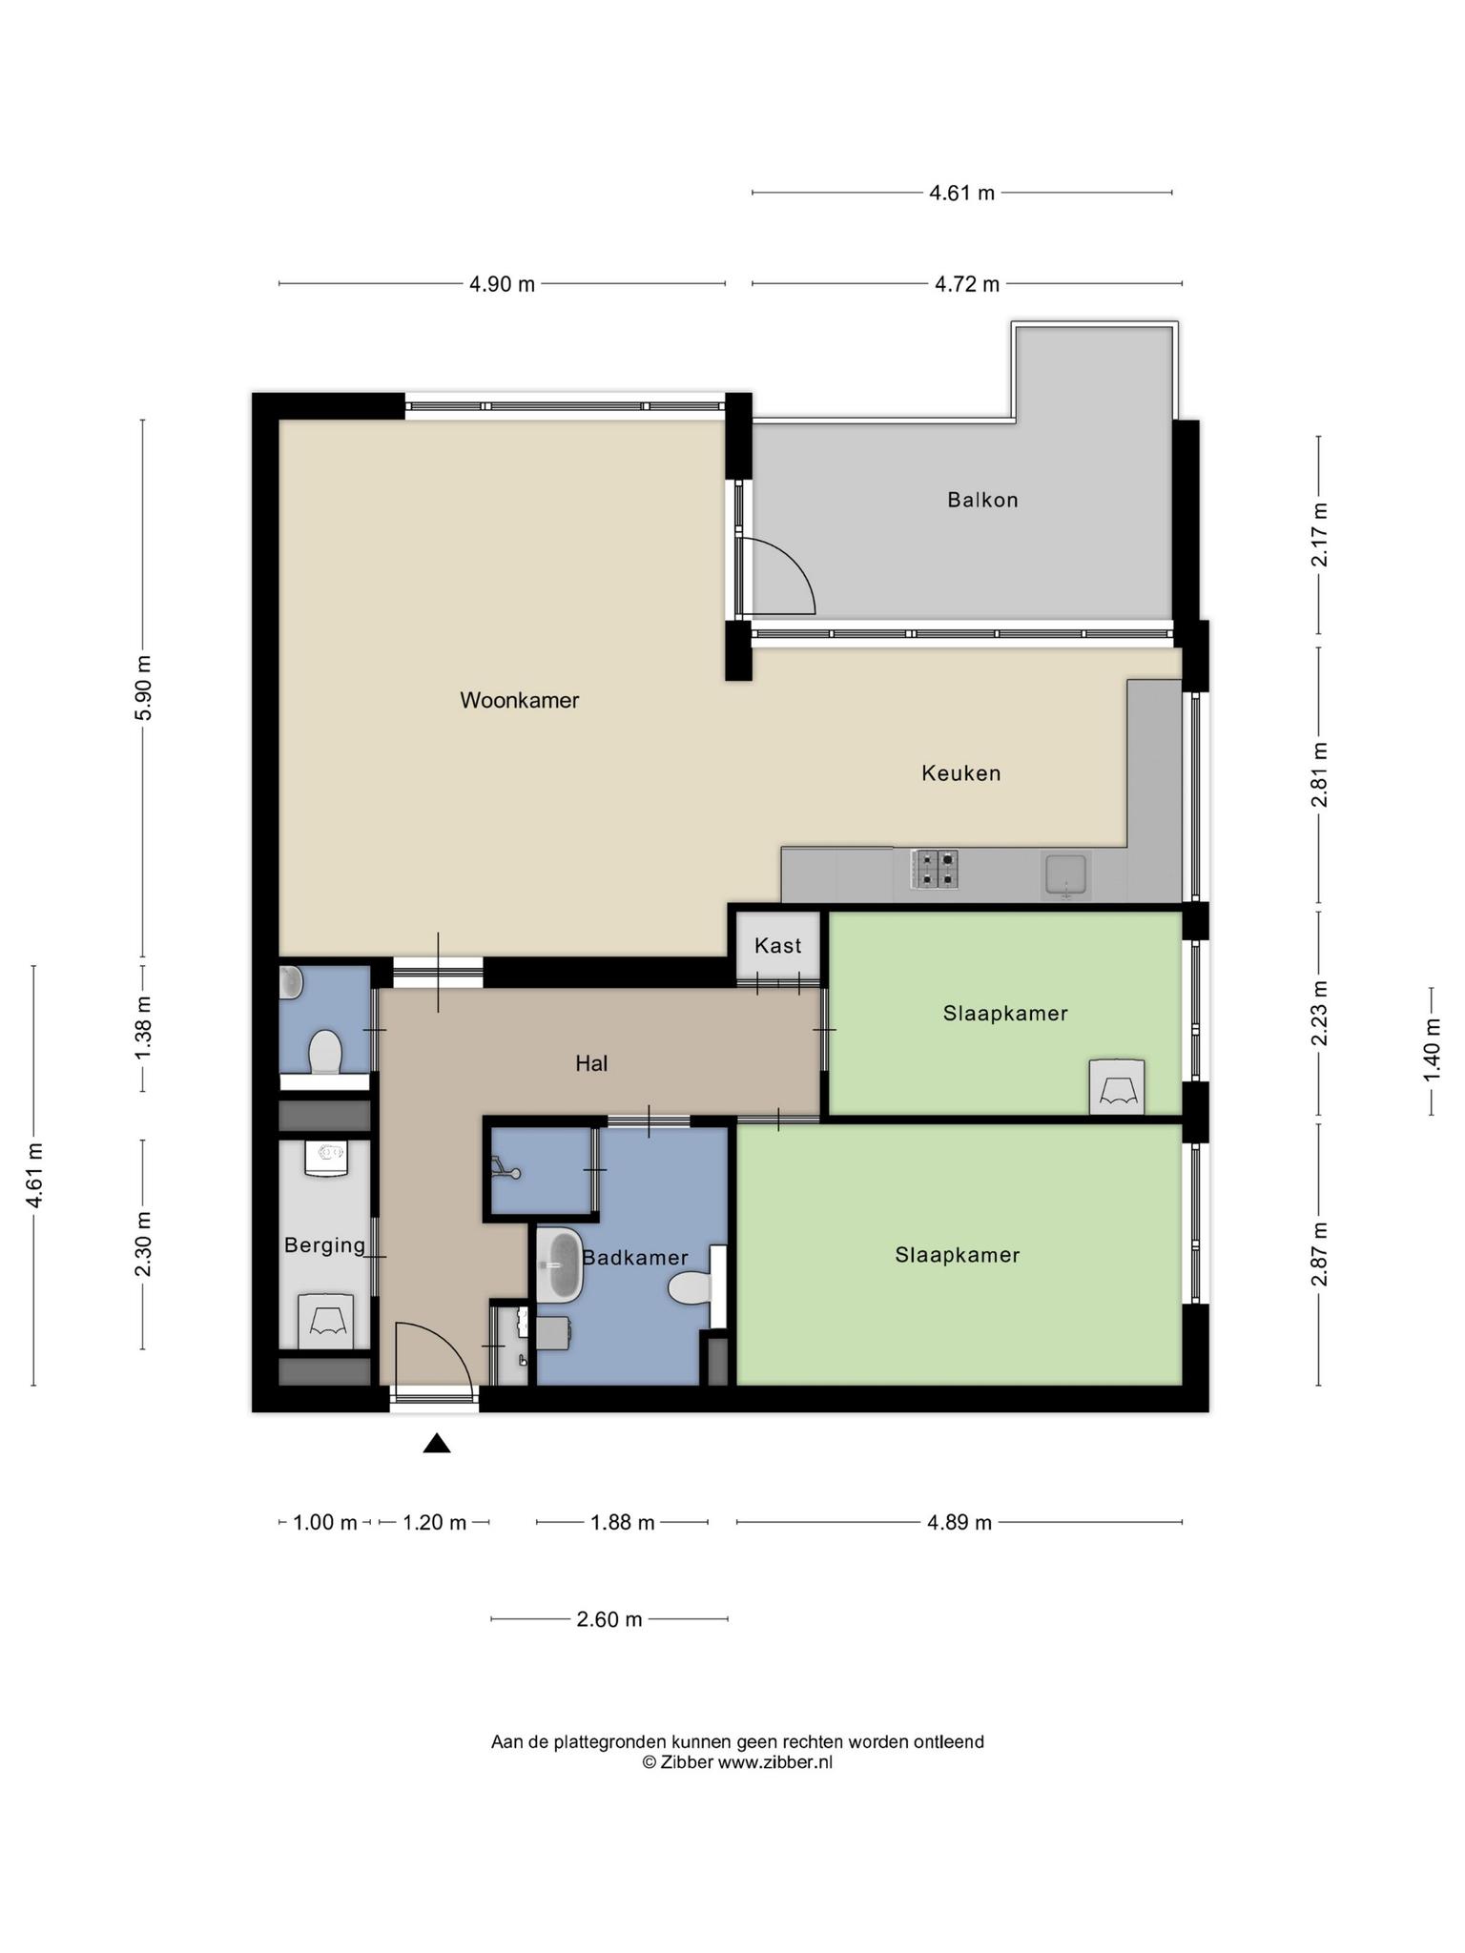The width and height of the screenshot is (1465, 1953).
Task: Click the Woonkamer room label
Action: pyautogui.click(x=519, y=700)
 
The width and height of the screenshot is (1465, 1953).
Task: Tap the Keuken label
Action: pyautogui.click(x=960, y=773)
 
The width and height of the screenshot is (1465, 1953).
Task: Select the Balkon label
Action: pyautogui.click(x=982, y=500)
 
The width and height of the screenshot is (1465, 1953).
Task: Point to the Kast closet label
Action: pyautogui.click(x=777, y=946)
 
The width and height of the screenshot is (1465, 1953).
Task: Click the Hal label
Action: pyautogui.click(x=591, y=1063)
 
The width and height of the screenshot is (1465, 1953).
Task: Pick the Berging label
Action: pyautogui.click(x=324, y=1245)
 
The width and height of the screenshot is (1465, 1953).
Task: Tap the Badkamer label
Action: pyautogui.click(x=634, y=1258)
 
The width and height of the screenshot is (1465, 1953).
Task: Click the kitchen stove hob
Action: pyautogui.click(x=935, y=869)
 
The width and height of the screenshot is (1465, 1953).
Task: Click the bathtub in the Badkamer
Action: pyautogui.click(x=559, y=1265)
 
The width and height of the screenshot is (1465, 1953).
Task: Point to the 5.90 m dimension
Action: pyautogui.click(x=143, y=689)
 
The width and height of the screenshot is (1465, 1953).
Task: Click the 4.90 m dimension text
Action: pyautogui.click(x=502, y=284)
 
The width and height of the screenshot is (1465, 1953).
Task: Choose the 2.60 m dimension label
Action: pyautogui.click(x=609, y=1619)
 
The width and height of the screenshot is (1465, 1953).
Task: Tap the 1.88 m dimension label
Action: pyautogui.click(x=623, y=1522)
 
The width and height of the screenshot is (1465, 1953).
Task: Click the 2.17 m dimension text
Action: pyautogui.click(x=1320, y=535)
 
